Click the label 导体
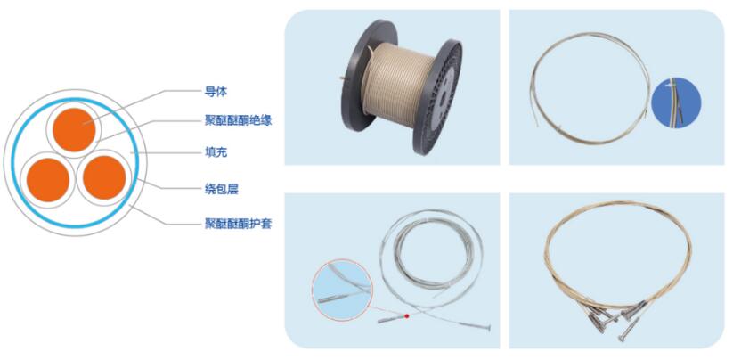pos(216,92)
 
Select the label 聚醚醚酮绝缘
pos(238,121)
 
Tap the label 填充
pos(216,152)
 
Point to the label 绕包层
pos(221,189)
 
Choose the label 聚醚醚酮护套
pos(238,224)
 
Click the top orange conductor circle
pos(74,129)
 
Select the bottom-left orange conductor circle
pos(48,179)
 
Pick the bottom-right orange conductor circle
pos(104,177)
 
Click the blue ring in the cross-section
pos(12,163)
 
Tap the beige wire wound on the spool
pos(397,84)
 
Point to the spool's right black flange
pos(438,97)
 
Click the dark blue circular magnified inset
pos(676,102)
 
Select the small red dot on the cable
pos(407,316)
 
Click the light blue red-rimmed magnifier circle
pos(342,290)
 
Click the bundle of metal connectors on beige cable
pos(613,319)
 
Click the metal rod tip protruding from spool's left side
pos(342,78)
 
